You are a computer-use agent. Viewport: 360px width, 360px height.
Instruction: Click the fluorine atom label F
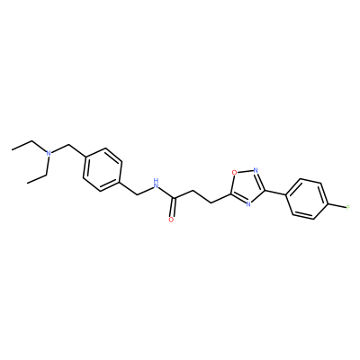tap(347, 207)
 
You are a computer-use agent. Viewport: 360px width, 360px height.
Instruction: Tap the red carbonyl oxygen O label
tap(171, 220)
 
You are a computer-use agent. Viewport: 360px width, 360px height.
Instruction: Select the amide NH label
tap(156, 184)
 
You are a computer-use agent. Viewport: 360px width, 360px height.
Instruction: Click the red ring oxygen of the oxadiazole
tap(234, 172)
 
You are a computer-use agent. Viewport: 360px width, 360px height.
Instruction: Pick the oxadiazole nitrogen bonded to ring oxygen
tap(256, 171)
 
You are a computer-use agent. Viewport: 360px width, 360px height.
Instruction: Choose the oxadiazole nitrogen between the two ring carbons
tap(247, 204)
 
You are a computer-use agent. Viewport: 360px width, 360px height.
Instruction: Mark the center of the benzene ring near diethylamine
tap(103, 170)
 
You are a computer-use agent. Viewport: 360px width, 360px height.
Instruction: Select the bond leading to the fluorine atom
tap(337, 206)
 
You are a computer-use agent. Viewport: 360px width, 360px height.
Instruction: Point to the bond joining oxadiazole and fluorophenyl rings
tap(275, 193)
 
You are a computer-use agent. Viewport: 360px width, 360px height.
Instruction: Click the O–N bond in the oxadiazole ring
tap(245, 172)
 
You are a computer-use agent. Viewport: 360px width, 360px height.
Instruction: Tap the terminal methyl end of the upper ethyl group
tap(13, 149)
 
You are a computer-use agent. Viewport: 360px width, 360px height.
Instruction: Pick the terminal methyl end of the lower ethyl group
tap(27, 182)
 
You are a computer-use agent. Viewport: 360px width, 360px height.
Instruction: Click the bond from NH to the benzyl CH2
tap(144, 191)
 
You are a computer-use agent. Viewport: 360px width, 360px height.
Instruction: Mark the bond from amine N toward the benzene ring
tap(61, 149)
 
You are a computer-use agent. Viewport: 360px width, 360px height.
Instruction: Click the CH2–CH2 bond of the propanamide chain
tap(202, 197)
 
